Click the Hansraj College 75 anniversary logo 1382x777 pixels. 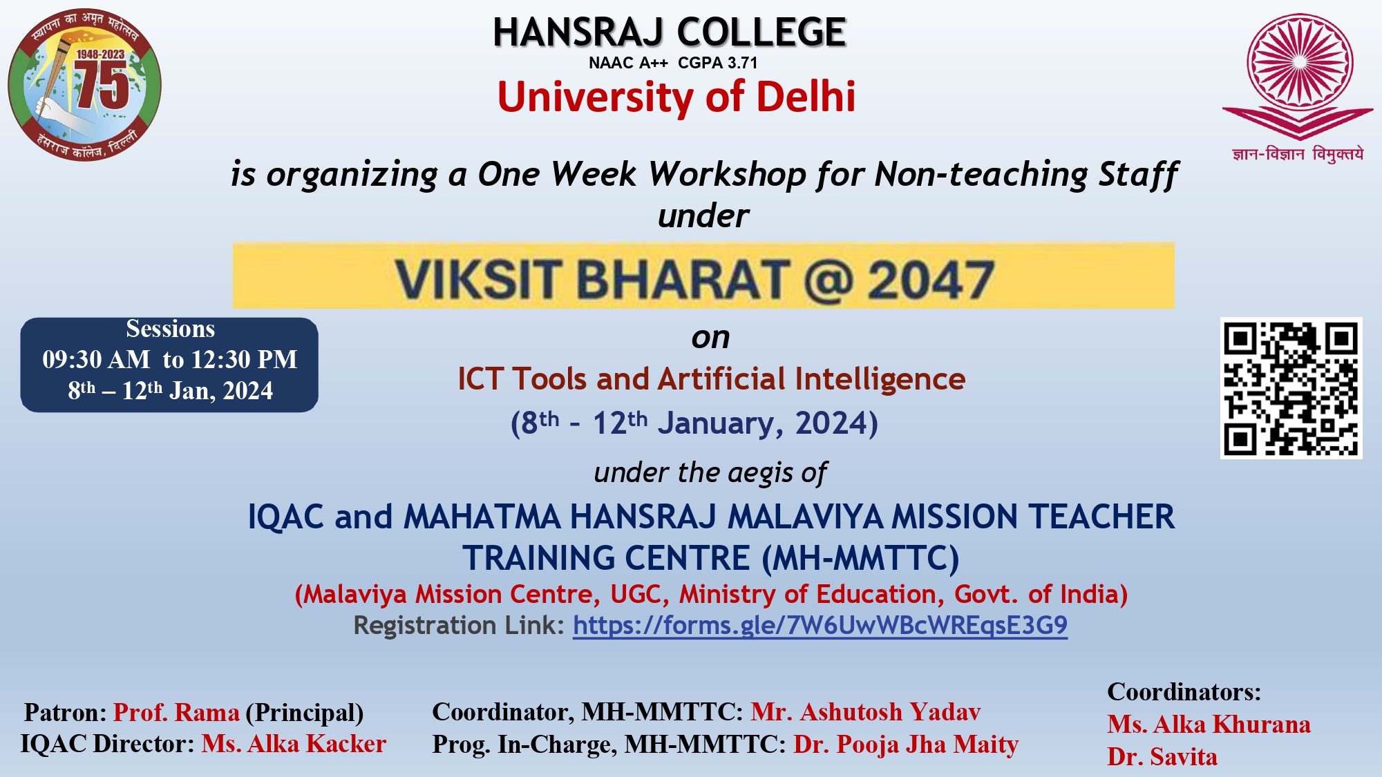(84, 84)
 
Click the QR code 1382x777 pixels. (1291, 387)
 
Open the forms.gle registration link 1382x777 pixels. (820, 625)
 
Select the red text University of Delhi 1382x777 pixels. (676, 96)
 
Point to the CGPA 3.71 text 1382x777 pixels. (718, 63)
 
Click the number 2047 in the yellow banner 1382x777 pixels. (931, 280)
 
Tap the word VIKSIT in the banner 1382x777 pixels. (477, 280)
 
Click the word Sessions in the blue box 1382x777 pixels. (171, 329)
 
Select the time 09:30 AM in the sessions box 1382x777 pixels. (96, 359)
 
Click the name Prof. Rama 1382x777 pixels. (176, 712)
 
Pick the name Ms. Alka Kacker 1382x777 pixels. (294, 744)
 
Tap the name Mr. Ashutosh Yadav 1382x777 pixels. (866, 711)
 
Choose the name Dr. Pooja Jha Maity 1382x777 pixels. (906, 745)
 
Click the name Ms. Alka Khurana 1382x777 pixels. (1209, 724)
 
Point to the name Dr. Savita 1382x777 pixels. (1162, 756)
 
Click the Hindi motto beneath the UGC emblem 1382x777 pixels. (1298, 154)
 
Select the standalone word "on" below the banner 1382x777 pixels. (710, 338)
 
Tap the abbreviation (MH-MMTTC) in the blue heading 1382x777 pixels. (860, 558)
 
